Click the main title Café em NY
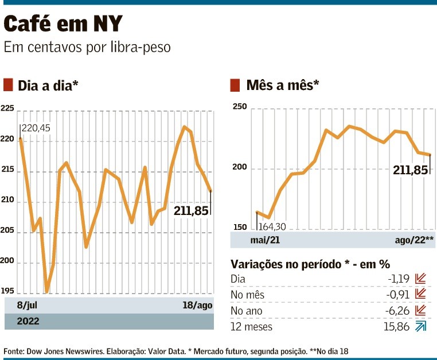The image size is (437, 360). [x=63, y=24]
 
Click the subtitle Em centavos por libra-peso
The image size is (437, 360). [x=87, y=47]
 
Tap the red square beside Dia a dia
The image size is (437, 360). [x=8, y=85]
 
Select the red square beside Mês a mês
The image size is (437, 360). [x=235, y=85]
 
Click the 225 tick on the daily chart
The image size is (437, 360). [x=7, y=109]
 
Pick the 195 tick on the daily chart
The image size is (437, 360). [x=7, y=291]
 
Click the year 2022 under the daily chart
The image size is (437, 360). [x=28, y=321]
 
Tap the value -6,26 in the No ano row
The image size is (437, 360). [x=398, y=310]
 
